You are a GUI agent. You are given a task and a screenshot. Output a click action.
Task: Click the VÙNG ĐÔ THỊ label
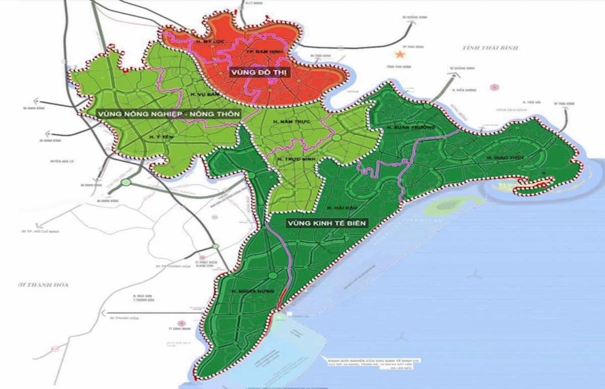pos(259,73)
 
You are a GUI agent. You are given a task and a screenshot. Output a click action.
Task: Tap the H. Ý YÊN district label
pos(158,136)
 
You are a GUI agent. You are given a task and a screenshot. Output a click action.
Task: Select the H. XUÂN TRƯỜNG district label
pos(410,128)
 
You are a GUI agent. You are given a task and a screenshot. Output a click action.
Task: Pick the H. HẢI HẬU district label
pos(335,207)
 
